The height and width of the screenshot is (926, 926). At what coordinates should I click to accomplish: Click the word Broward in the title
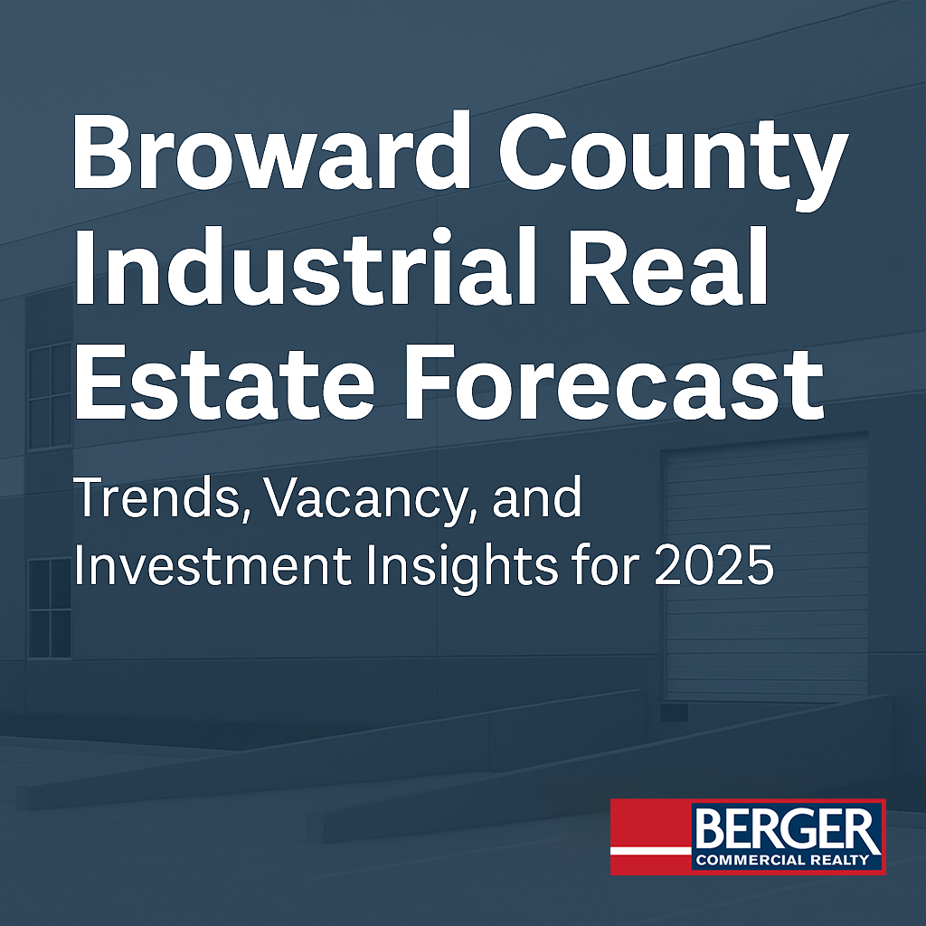[x=271, y=151]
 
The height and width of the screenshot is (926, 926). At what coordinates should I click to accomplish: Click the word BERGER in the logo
[x=786, y=829]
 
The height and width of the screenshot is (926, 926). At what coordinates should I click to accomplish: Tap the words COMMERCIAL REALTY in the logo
[x=782, y=859]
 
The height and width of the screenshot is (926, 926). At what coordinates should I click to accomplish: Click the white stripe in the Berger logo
[x=651, y=851]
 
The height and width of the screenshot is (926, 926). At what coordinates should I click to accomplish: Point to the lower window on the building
[x=50, y=609]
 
